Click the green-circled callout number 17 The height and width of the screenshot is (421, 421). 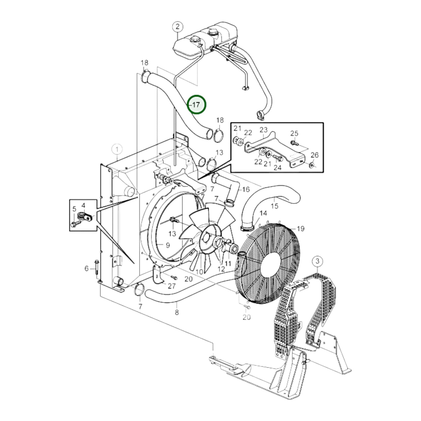[197, 105]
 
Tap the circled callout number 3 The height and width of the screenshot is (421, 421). [318, 261]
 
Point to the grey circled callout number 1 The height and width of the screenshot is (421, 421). [117, 150]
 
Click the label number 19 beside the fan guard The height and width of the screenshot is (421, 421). [300, 228]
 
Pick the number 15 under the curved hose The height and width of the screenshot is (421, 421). [274, 206]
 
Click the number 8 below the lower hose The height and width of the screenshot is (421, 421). [177, 313]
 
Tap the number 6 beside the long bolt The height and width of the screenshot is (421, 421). [86, 268]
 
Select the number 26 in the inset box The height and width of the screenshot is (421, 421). [315, 155]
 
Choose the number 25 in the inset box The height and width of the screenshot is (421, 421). [294, 133]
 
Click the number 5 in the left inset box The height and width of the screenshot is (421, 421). [74, 209]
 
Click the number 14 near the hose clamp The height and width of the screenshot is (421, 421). [263, 213]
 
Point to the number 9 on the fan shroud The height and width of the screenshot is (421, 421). [168, 245]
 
